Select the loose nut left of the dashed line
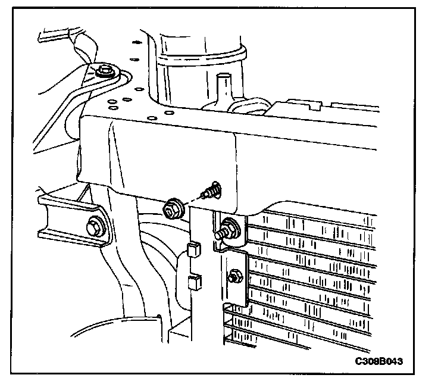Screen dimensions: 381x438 (x=173, y=208)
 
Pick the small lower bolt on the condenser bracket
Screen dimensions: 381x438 (x=234, y=275)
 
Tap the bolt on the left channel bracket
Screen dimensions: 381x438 (x=94, y=227)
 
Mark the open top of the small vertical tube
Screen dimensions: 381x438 (x=224, y=76)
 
